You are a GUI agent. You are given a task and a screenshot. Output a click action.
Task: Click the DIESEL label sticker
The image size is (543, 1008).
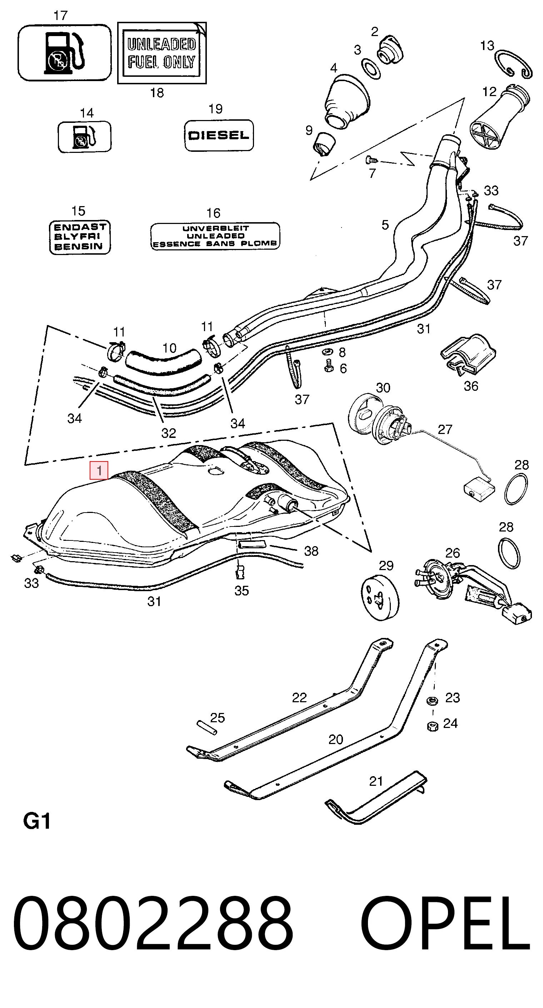[x=219, y=135]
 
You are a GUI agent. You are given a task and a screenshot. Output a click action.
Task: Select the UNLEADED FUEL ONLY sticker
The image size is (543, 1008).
[x=162, y=53]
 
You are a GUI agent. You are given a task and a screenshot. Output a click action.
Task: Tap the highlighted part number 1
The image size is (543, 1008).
[x=99, y=470]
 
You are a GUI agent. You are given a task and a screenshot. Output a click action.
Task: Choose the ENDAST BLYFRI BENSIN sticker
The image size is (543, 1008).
[x=80, y=237]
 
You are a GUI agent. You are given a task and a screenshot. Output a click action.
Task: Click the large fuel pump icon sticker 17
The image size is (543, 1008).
[x=65, y=53]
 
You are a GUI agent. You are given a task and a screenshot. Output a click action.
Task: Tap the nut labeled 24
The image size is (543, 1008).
[x=432, y=727]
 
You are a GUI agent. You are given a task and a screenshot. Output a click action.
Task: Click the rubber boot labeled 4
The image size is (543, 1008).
[x=347, y=102]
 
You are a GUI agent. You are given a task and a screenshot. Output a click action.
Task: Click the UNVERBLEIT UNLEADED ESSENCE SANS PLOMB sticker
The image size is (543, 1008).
[x=215, y=236]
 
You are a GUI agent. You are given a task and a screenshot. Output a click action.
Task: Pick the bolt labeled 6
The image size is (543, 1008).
[x=329, y=366]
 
